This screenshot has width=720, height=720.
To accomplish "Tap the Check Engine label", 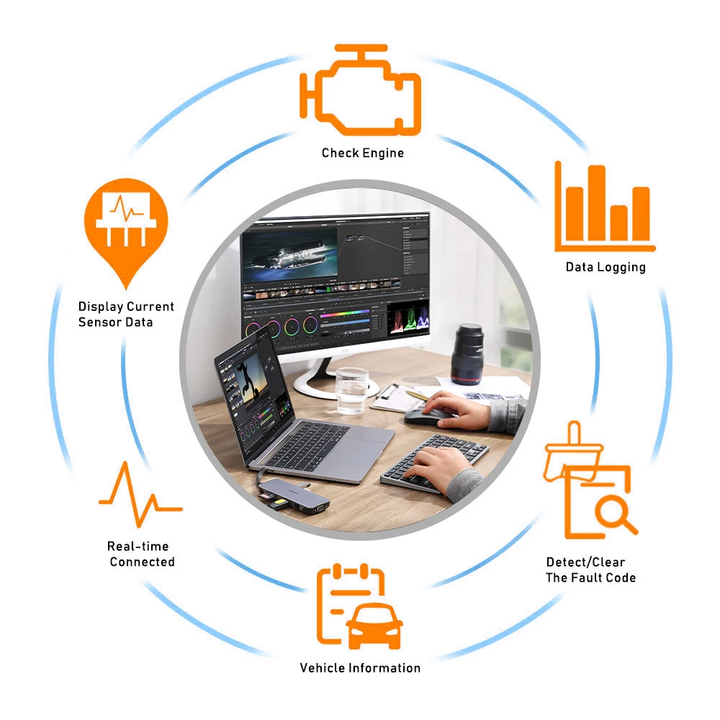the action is pos(362,153).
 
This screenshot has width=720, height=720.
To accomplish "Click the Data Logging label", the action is pos(606,267).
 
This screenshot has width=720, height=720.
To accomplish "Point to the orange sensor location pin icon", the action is pos(126,223).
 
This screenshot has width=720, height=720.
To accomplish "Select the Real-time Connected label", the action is pos(141,554).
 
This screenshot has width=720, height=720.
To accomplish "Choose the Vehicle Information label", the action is pos(360,667).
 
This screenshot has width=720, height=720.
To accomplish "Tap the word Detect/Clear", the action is pos(585,562).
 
